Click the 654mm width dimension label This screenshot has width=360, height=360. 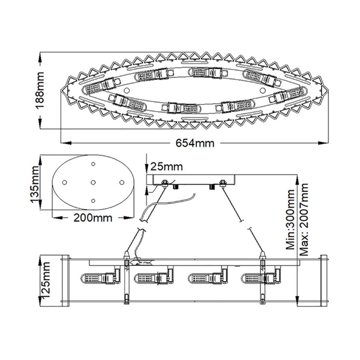click(x=195, y=143)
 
